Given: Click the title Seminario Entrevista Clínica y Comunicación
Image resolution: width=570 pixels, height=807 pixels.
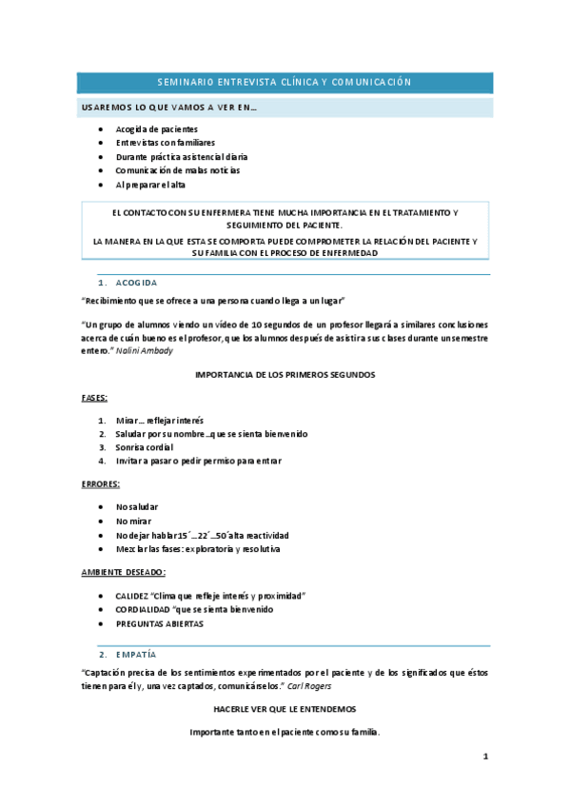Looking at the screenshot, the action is coord(285,83).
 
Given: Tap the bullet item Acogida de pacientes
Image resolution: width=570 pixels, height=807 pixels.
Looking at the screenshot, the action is coord(157,128).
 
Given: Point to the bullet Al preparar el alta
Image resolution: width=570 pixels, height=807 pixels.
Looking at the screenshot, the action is coord(150,185).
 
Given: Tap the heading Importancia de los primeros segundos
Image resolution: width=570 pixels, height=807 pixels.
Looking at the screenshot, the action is coord(285,375).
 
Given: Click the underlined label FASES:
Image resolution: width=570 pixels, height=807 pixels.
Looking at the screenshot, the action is coord(94,398).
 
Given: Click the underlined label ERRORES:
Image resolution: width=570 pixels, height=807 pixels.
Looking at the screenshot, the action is coord(100,484).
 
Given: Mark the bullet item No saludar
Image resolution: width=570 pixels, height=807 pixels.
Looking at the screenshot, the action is coord(137,507).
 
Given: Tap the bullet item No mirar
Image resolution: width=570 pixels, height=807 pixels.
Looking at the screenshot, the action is coord(133,522).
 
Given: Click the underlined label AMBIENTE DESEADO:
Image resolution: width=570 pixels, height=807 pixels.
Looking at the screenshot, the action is coord(124,572).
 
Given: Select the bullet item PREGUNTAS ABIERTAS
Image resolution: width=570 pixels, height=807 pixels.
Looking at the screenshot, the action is coord(160,623).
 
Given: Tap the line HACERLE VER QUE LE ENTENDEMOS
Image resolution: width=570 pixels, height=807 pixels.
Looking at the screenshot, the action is coord(285,709).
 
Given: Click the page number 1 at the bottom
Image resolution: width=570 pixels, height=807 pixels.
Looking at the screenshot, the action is coord(485,757).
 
